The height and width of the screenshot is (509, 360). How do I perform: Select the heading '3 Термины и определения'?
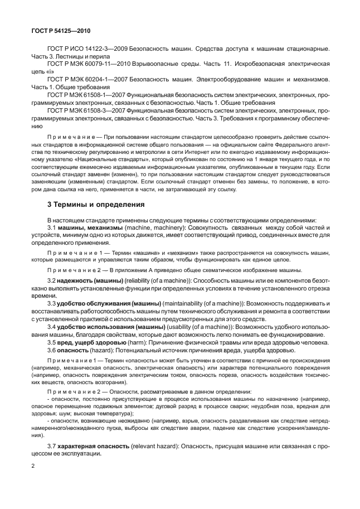[x=96, y=205]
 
